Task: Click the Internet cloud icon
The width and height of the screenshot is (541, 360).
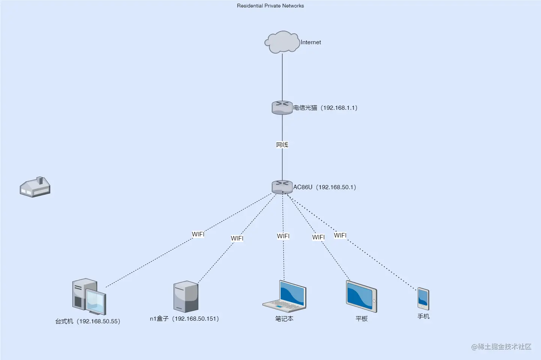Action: tap(282, 42)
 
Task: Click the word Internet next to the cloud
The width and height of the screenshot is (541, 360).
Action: tap(311, 42)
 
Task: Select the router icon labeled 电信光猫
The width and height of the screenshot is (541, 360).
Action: tap(282, 108)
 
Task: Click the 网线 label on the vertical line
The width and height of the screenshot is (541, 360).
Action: tap(282, 145)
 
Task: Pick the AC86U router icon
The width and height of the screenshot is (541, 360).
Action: tap(282, 187)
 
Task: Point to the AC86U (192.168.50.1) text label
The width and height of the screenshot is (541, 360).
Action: tap(325, 187)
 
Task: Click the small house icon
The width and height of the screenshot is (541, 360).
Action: tap(35, 187)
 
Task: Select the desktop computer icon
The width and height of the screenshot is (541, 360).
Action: tap(89, 296)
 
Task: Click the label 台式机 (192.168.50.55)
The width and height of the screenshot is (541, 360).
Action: tap(88, 321)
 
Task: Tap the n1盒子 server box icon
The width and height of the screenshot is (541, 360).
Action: tap(186, 297)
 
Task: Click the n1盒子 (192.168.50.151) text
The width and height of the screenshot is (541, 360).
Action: tap(184, 319)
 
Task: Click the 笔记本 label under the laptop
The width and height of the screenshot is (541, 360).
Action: tap(284, 319)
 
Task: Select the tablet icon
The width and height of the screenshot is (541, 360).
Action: tap(361, 297)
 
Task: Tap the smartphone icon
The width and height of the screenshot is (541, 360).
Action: tap(423, 299)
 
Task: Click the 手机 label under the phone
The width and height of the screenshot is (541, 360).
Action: tap(423, 317)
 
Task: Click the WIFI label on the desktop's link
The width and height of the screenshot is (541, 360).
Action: tap(198, 234)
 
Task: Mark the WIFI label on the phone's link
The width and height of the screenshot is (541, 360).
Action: tap(340, 235)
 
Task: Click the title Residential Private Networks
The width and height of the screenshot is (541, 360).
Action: tap(270, 6)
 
